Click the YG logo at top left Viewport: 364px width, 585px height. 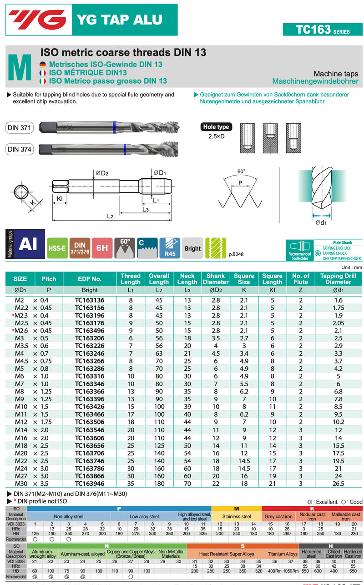pyautogui.click(x=37, y=20)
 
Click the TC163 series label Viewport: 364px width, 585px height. pyautogui.click(x=323, y=30)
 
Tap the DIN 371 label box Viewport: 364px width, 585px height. pyautogui.click(x=20, y=128)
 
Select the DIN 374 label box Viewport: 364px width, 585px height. pyautogui.click(x=20, y=149)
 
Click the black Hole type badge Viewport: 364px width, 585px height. pyautogui.click(x=216, y=127)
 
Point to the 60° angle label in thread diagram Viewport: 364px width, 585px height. pyautogui.click(x=241, y=171)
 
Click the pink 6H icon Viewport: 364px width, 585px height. pyautogui.click(x=102, y=248)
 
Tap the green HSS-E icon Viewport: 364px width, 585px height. pyautogui.click(x=57, y=248)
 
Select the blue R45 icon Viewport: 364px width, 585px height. pyautogui.click(x=170, y=248)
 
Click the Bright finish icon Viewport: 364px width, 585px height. pyautogui.click(x=192, y=248)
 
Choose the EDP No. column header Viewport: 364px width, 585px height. pyautogui.click(x=90, y=279)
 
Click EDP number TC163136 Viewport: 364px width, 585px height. pyautogui.click(x=90, y=300)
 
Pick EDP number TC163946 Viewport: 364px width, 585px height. pyautogui.click(x=90, y=484)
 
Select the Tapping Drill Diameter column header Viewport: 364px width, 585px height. pyautogui.click(x=339, y=279)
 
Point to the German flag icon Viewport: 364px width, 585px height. pyautogui.click(x=43, y=65)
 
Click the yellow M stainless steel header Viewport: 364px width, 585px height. pyautogui.click(x=237, y=508)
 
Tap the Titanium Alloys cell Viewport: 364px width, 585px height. pyautogui.click(x=282, y=554)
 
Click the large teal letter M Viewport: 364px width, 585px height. pyautogui.click(x=20, y=68)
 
